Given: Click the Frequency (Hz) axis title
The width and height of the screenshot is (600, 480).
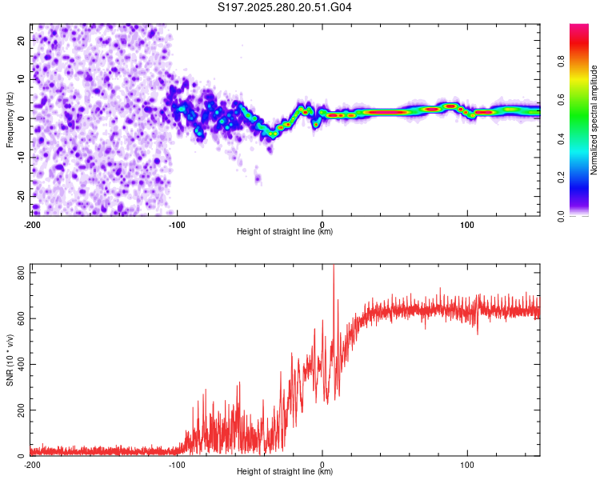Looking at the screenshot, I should click(10, 119).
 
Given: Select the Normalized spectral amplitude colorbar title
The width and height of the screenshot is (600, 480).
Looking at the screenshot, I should click(594, 120).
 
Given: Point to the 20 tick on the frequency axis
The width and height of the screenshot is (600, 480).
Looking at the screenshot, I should click(22, 39).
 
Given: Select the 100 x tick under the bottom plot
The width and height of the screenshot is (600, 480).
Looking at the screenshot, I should click(467, 464).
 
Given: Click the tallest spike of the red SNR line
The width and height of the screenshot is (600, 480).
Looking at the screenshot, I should click(334, 268).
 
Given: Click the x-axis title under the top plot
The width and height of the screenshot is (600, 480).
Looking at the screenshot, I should click(285, 231).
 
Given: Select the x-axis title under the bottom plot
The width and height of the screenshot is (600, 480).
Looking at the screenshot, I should click(285, 473).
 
